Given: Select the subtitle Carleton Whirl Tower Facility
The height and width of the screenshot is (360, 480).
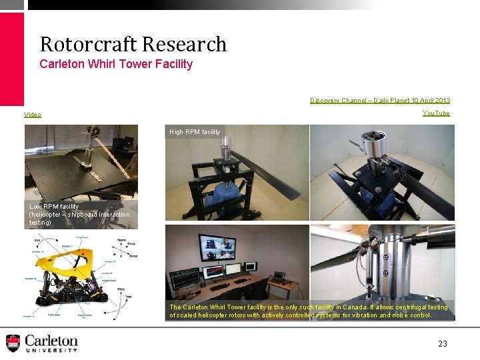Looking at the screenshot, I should pos(116,64).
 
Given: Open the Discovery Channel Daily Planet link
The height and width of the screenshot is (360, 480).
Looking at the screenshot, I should pos(380,101).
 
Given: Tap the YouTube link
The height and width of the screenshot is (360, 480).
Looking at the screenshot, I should pos(436,113).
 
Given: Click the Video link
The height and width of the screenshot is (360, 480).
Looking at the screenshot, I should pos(33,115).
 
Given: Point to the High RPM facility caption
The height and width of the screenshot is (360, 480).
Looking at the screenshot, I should pos(195,132).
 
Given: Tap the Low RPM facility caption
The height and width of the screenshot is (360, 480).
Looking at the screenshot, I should pos(79,214).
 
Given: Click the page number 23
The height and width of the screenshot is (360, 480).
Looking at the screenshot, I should pos(443,344).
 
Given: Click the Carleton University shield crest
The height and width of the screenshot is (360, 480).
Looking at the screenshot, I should pos(13,343).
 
